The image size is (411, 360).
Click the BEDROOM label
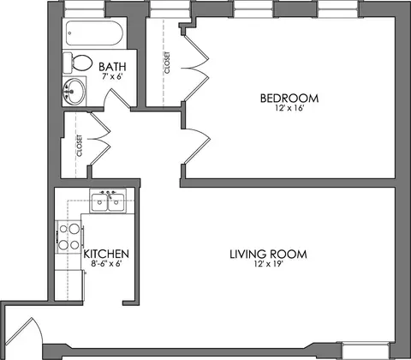coord(289,99)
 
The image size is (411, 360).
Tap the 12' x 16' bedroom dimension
coord(289,108)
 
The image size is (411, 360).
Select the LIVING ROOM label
coord(268,254)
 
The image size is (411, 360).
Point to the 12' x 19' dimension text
coord(268,264)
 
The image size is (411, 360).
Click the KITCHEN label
coord(106,254)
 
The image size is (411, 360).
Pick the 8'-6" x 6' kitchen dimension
coord(106,263)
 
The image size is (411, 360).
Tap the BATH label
coord(112,67)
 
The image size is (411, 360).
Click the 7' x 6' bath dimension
coord(112,76)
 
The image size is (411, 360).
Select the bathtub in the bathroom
coord(94,33)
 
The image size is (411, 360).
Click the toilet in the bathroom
coord(78,63)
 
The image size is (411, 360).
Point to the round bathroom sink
coord(74,92)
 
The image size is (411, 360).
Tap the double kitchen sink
coord(108,201)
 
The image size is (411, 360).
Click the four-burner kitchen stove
coord(68,237)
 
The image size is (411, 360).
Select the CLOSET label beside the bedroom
coord(167,63)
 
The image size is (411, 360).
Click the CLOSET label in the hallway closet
coord(80,146)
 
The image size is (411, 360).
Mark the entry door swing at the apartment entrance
coord(24,332)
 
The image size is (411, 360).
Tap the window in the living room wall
coord(366,351)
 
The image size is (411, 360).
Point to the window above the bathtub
coord(84,9)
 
